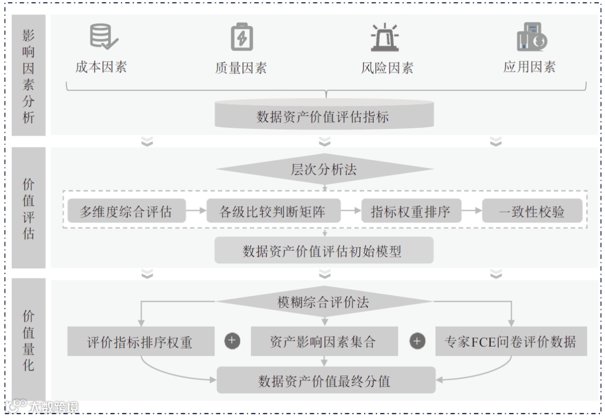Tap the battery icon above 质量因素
(x=242, y=37)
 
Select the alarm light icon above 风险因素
(x=385, y=38)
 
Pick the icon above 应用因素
(x=531, y=37)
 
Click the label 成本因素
(x=101, y=67)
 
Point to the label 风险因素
(x=387, y=68)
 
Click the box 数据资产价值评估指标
(x=324, y=116)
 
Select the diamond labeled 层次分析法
(x=324, y=169)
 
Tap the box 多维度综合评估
(x=126, y=212)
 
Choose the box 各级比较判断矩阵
(x=273, y=212)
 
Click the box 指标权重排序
(x=410, y=212)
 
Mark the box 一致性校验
(x=532, y=212)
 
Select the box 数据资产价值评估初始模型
(x=324, y=250)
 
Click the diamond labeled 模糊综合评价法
(x=324, y=303)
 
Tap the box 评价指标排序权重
(x=141, y=341)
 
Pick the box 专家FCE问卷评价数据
(x=510, y=341)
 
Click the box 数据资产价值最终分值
(x=325, y=381)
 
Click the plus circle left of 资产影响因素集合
(x=232, y=341)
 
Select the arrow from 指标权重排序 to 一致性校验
(x=471, y=211)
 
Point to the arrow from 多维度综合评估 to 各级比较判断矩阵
(x=196, y=211)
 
